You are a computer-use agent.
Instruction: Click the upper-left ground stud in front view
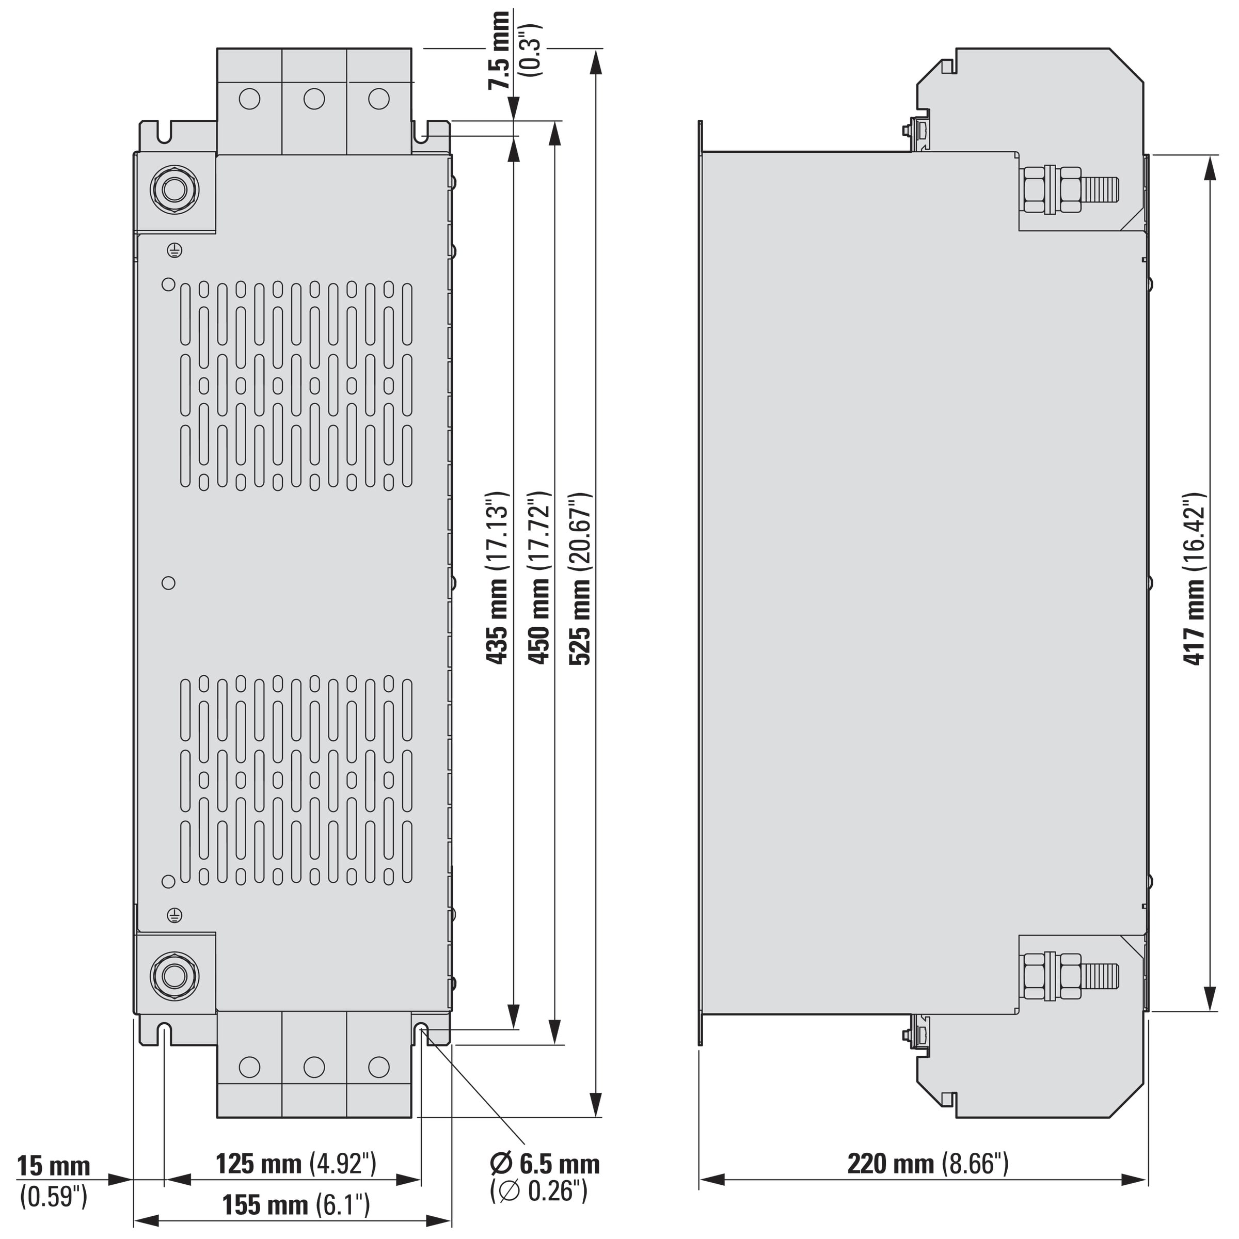[x=174, y=189]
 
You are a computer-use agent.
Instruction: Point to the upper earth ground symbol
[x=174, y=251]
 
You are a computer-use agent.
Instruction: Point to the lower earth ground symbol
[x=174, y=915]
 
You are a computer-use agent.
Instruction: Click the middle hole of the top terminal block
[x=314, y=99]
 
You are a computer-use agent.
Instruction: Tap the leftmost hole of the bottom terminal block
[x=249, y=1067]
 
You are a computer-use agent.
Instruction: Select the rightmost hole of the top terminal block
[x=379, y=99]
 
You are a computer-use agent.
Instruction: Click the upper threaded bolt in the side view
[x=1069, y=190]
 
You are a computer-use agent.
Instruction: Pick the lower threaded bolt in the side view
[x=1069, y=976]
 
